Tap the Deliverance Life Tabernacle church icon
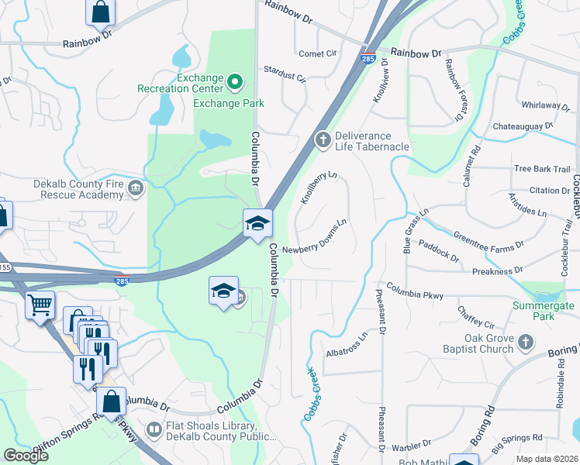tap(323, 140)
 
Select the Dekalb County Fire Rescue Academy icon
tap(136, 188)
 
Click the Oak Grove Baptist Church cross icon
tap(525, 342)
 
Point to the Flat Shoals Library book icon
tap(155, 429)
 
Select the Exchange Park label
tap(229, 103)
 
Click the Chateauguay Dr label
tap(523, 126)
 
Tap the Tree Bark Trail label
tap(542, 169)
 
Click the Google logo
tap(26, 456)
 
